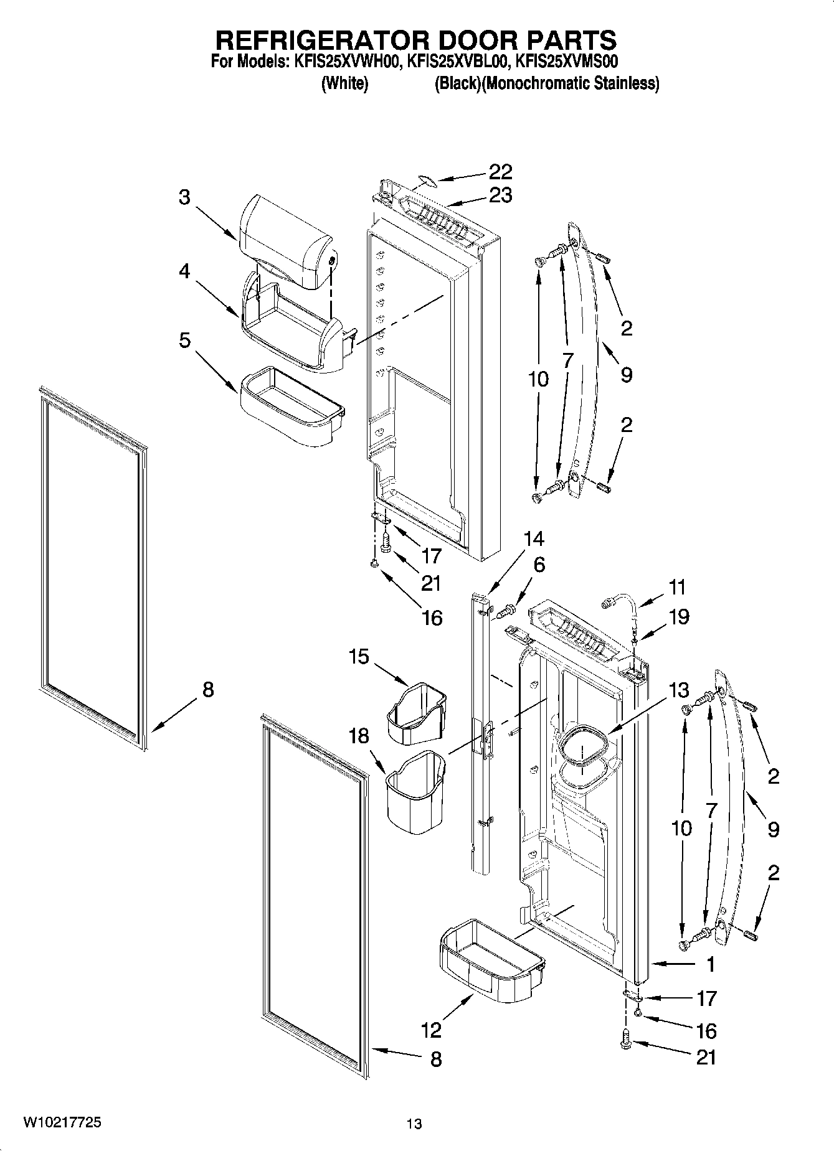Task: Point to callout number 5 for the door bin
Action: point(184,341)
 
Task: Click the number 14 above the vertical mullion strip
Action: point(533,538)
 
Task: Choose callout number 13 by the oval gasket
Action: point(679,690)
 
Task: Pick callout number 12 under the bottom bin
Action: point(431,1030)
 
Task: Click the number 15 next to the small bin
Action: point(359,657)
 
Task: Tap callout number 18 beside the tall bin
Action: point(359,736)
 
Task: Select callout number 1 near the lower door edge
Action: point(710,965)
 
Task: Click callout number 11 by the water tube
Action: point(677,587)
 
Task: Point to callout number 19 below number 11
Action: point(679,617)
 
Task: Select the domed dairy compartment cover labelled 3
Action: point(283,240)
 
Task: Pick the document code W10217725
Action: point(62,1122)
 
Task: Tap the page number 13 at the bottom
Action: point(414,1124)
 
